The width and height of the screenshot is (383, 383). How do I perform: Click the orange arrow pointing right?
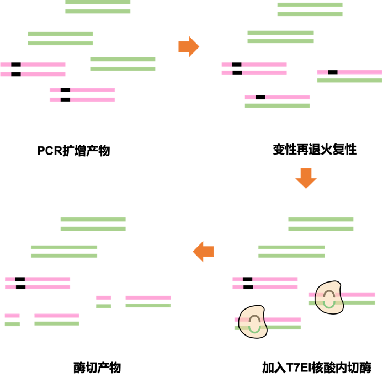pos(188,47)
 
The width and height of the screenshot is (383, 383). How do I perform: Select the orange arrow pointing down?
pos(306,178)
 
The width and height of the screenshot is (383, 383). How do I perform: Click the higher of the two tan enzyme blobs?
pos(328,297)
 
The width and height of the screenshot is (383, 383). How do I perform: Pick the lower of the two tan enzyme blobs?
pos(252,322)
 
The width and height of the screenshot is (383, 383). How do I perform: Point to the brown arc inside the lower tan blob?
pos(254,318)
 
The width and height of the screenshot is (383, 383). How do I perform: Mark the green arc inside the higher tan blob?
pos(329,304)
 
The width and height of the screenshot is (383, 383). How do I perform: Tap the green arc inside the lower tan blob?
pos(254,328)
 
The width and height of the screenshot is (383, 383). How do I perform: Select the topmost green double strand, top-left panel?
pos(98,7)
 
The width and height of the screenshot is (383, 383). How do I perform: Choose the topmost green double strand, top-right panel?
pos(310,9)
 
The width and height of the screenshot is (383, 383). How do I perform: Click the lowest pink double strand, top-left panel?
pos(82,95)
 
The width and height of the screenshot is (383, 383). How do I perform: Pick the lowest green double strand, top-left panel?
pos(123,64)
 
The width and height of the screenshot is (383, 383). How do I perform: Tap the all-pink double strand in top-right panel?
pos(254,68)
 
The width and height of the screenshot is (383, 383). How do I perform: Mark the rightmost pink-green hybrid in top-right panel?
pos(349,76)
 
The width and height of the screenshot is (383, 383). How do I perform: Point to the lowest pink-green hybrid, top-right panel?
pos(277,102)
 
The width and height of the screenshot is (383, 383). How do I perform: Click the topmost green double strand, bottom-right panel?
pos(321,224)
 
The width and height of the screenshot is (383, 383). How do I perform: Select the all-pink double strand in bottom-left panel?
pos(38,283)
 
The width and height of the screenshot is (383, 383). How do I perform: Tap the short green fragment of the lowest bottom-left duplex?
pos(12,324)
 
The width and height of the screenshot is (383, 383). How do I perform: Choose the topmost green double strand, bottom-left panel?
pos(93,224)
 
